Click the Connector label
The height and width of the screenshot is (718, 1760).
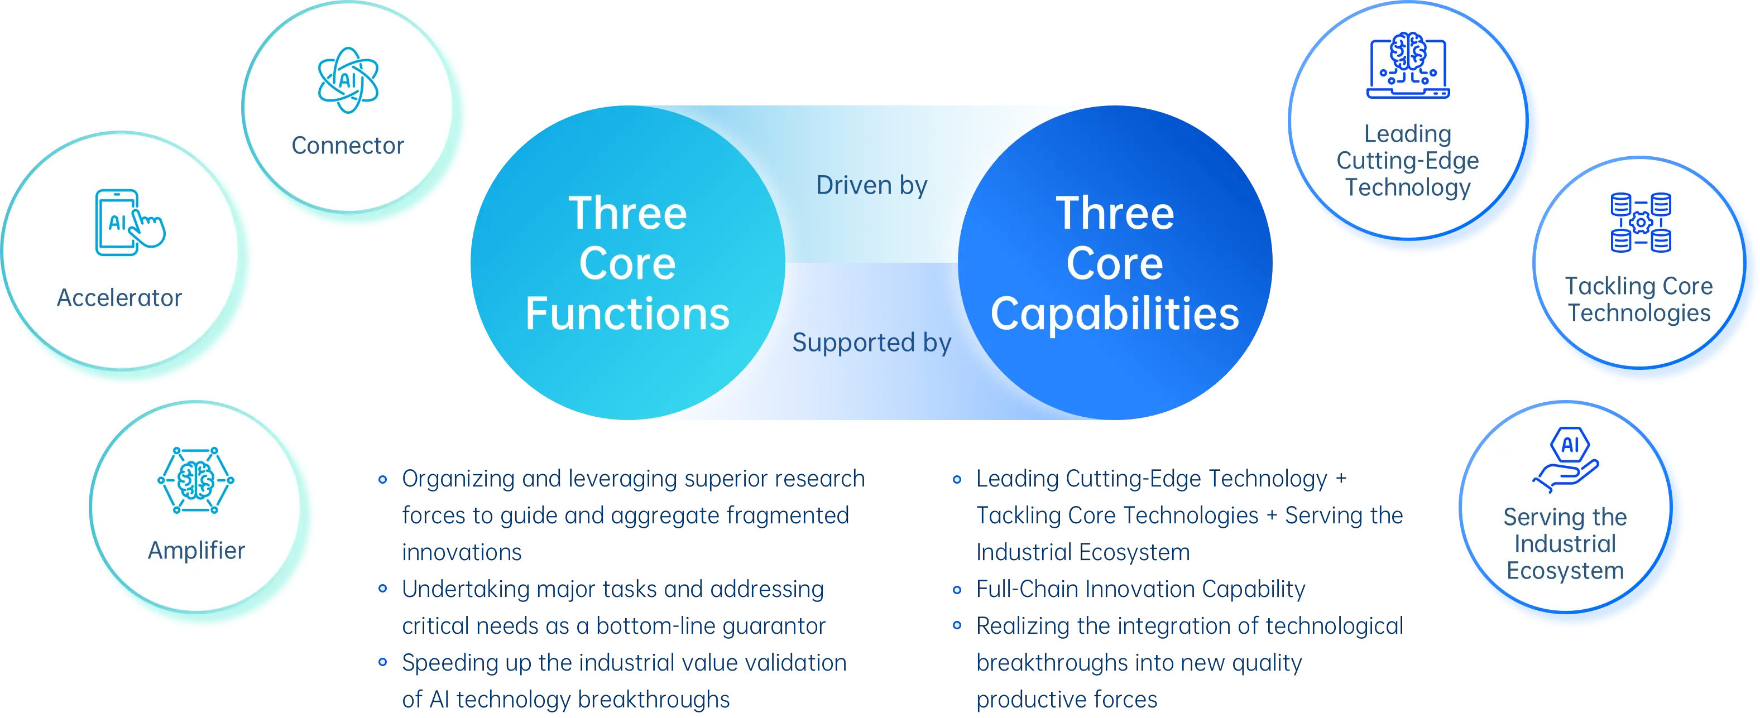(x=347, y=146)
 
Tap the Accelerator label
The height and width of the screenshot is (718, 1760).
(x=119, y=298)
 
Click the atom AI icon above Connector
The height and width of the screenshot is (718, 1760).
(x=348, y=80)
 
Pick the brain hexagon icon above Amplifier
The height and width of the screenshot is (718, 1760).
(x=195, y=480)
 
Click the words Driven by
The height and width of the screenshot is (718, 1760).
(x=872, y=186)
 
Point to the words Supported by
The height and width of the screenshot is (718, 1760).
(x=872, y=342)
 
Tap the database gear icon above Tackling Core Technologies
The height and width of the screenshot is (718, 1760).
(x=1641, y=223)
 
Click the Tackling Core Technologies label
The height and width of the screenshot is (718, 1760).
(x=1639, y=299)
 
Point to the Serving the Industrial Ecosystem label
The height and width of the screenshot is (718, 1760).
(x=1565, y=544)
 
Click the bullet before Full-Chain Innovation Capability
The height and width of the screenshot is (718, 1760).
(x=958, y=590)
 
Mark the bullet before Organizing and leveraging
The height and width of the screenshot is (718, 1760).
(x=382, y=480)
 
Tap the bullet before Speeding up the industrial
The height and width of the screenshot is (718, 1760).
(x=382, y=663)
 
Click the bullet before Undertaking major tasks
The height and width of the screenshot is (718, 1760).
(x=382, y=588)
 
